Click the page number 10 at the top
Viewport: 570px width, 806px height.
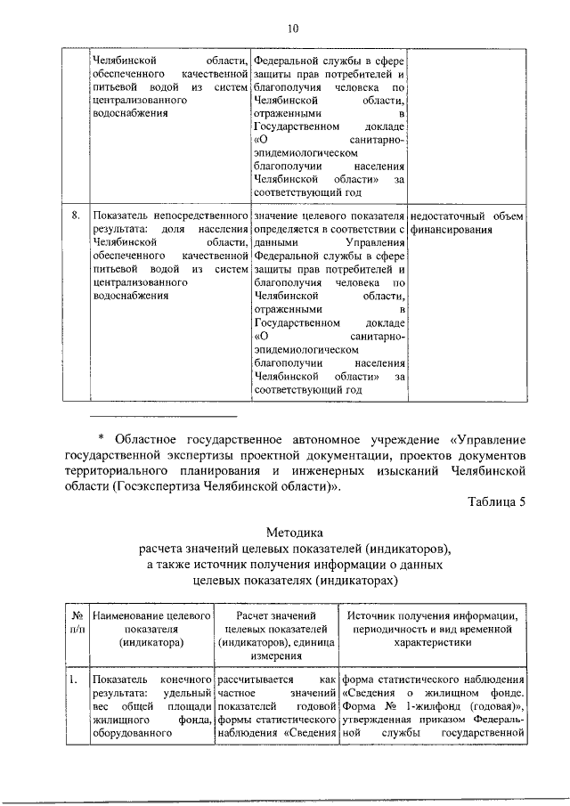click(291, 28)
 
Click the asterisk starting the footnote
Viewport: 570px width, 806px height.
click(101, 439)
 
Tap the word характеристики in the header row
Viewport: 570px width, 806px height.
click(434, 639)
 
